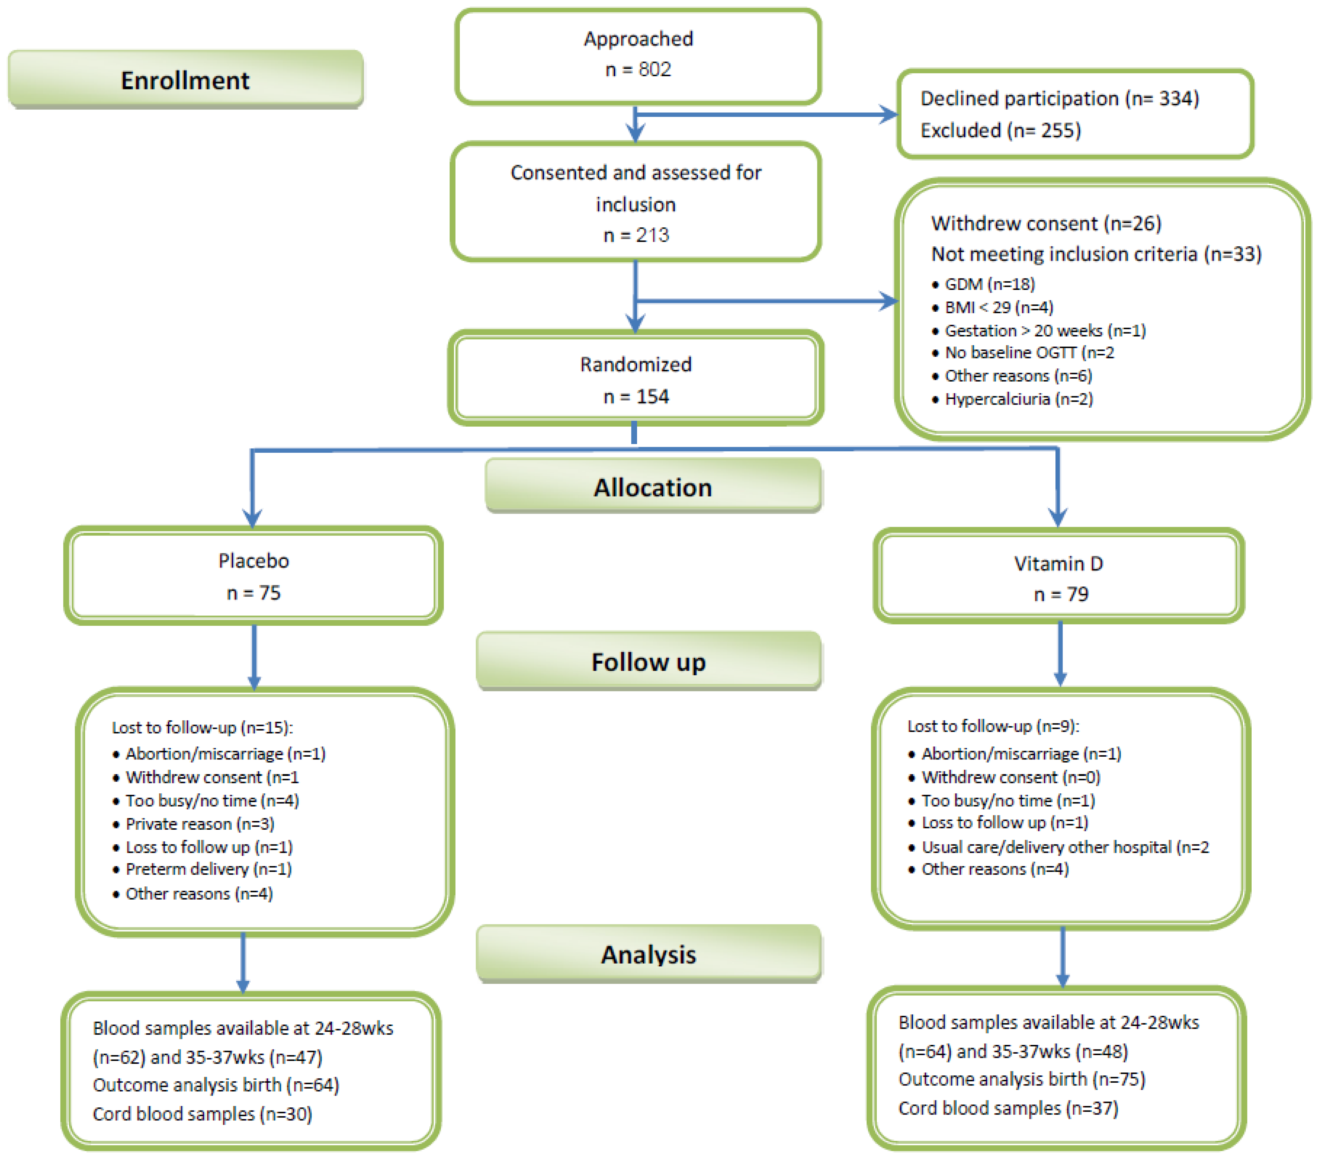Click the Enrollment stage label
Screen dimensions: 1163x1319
coord(185,80)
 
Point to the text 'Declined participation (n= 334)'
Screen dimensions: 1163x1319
coord(1059,98)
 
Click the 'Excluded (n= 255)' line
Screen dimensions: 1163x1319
coord(1000,130)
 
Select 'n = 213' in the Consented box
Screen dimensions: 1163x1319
coord(636,235)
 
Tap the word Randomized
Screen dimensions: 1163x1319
coord(636,364)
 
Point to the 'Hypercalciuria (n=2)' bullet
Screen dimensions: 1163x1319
coord(1018,399)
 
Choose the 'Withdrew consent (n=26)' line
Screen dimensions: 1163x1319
coord(1045,224)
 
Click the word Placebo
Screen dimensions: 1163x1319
coord(254,560)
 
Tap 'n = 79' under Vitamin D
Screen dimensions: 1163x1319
coord(1060,594)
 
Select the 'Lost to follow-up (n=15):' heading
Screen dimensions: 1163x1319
coord(202,728)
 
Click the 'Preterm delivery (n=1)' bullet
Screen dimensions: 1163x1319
coord(208,869)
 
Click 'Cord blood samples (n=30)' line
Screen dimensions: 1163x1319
coord(202,1114)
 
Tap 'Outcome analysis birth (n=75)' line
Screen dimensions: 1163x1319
coord(1022,1079)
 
